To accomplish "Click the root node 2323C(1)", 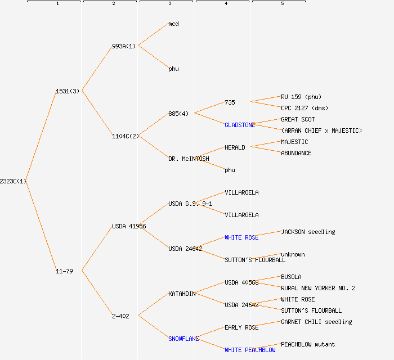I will [x=13, y=181].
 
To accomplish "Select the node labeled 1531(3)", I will [x=68, y=91].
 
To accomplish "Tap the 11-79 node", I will [x=64, y=271].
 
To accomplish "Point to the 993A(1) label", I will [x=124, y=46].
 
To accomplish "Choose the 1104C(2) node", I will [x=126, y=136].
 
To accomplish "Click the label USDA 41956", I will [x=129, y=226].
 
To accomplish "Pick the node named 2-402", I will [x=120, y=316].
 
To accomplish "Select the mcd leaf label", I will [x=173, y=24].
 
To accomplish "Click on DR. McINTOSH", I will [x=189, y=159].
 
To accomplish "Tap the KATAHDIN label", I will [x=182, y=294].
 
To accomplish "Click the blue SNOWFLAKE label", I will [x=183, y=339].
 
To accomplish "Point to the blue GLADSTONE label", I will [x=240, y=125].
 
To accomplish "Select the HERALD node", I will [x=235, y=147].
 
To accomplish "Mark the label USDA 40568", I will [x=241, y=282].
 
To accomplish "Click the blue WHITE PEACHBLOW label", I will [x=250, y=350].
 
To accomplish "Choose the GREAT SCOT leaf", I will [x=298, y=119].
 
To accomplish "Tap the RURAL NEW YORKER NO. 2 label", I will [x=318, y=288].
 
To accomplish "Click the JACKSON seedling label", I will [x=308, y=232].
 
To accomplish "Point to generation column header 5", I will [x=283, y=3].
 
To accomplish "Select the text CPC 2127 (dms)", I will [x=305, y=108].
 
